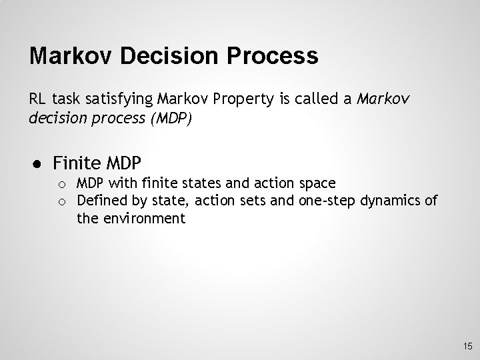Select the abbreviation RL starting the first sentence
(37, 100)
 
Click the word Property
(239, 100)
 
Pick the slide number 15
(467, 346)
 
